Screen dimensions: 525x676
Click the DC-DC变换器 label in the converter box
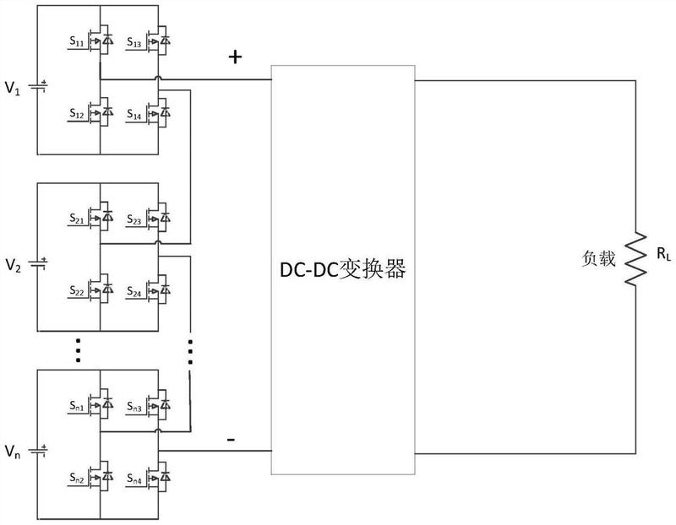pyautogui.click(x=344, y=269)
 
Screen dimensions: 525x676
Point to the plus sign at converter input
pyautogui.click(x=235, y=57)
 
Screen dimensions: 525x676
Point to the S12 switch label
pyautogui.click(x=76, y=112)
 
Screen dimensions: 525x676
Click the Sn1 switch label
pyautogui.click(x=76, y=408)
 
